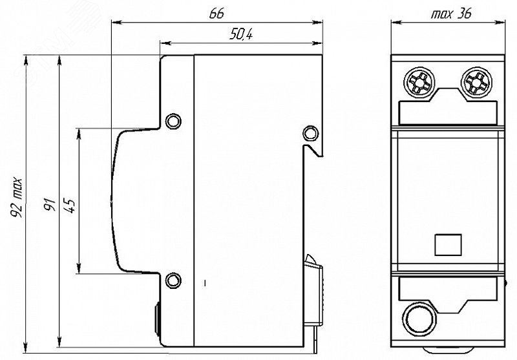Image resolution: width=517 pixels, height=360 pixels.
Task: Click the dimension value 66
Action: point(216,13)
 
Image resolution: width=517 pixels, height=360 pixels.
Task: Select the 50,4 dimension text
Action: point(241,34)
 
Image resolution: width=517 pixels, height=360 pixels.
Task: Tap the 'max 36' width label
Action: point(451,14)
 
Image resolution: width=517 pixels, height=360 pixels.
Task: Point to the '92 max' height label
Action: point(17,198)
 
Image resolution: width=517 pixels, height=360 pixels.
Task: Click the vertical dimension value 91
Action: point(50,204)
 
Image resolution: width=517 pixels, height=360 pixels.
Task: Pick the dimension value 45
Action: point(70,205)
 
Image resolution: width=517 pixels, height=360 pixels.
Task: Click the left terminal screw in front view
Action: point(417,81)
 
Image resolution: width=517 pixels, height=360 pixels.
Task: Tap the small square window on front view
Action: point(448,244)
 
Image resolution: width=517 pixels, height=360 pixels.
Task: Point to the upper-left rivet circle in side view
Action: point(173,121)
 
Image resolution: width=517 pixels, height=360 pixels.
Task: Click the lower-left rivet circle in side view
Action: point(173,281)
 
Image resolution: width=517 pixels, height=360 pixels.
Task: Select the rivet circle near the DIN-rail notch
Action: point(311,133)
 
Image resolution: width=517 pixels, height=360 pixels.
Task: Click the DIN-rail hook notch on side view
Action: point(313,151)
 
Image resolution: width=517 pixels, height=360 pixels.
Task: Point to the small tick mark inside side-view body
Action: point(205,283)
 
